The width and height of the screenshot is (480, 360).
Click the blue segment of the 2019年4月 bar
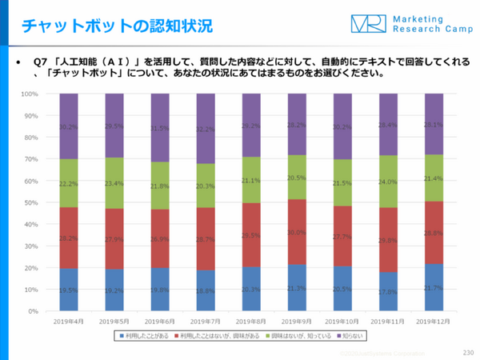pos(68,290)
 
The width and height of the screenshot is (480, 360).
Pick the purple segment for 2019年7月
pos(205,129)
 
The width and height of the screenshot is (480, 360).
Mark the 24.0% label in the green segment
pos(387,182)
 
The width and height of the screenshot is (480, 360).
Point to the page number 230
pos(467,353)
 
